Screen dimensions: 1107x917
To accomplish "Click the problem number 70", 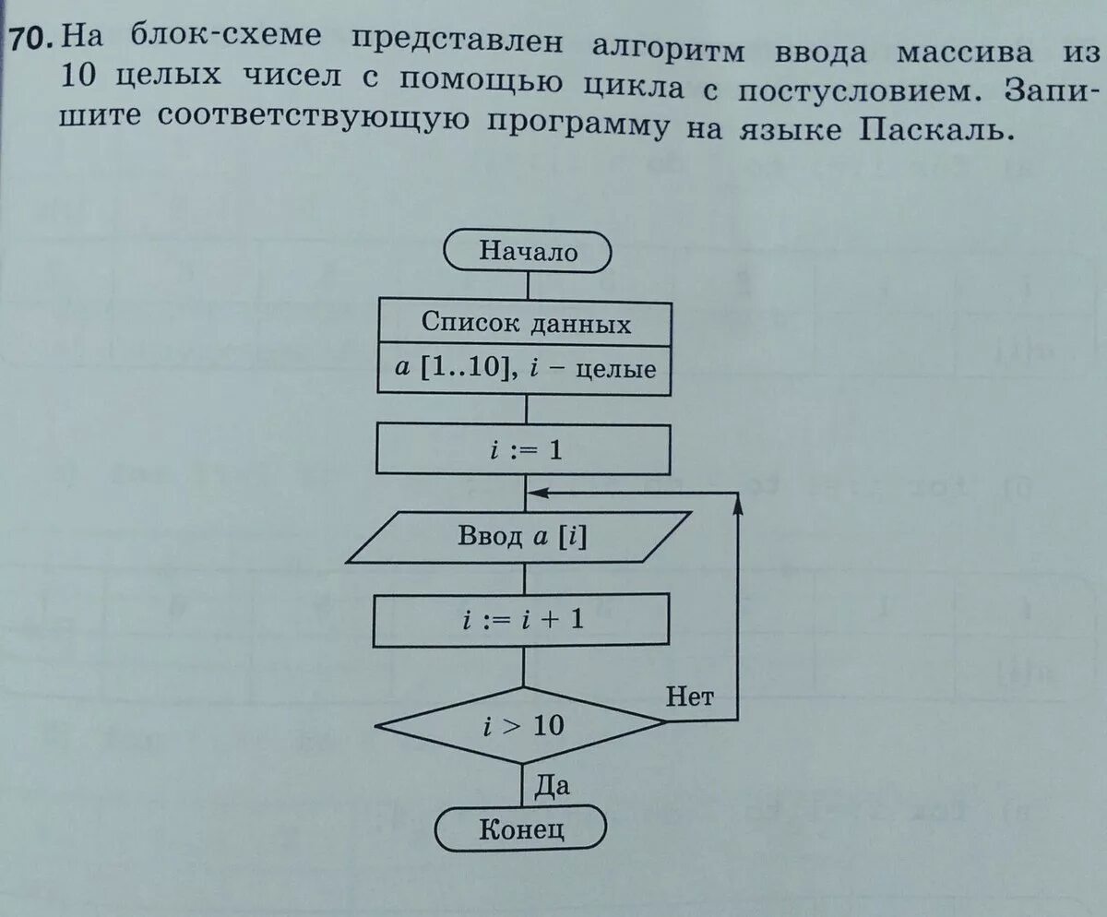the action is pyautogui.click(x=30, y=41).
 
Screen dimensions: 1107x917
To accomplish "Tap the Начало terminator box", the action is pyautogui.click(x=527, y=251).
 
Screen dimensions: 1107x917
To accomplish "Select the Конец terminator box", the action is pyautogui.click(x=521, y=829).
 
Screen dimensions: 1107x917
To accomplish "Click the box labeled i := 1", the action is pyautogui.click(x=523, y=452).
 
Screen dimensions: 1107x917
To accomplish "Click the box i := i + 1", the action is pyautogui.click(x=521, y=621).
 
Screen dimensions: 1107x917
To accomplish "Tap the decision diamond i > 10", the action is pyautogui.click(x=521, y=725).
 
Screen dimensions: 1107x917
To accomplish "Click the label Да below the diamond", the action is pyautogui.click(x=552, y=786).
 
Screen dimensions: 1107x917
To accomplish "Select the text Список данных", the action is pyautogui.click(x=526, y=323).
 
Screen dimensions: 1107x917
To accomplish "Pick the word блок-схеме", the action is pyautogui.click(x=221, y=39).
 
